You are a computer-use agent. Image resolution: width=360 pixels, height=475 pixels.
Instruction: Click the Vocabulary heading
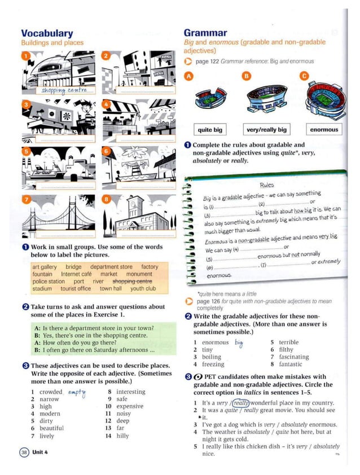tap(47, 34)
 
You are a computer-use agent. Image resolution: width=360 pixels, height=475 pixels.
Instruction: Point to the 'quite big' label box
tap(210, 129)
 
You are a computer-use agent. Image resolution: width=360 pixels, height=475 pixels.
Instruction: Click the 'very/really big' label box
tap(266, 129)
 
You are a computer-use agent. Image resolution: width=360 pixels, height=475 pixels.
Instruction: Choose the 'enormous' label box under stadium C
tap(324, 129)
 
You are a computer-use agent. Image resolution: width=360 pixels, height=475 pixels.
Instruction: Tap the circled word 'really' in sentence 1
tap(241, 403)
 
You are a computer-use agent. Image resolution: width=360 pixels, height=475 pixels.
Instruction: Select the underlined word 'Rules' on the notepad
tap(267, 185)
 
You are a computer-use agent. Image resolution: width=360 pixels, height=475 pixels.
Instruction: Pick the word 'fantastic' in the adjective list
tap(294, 364)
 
